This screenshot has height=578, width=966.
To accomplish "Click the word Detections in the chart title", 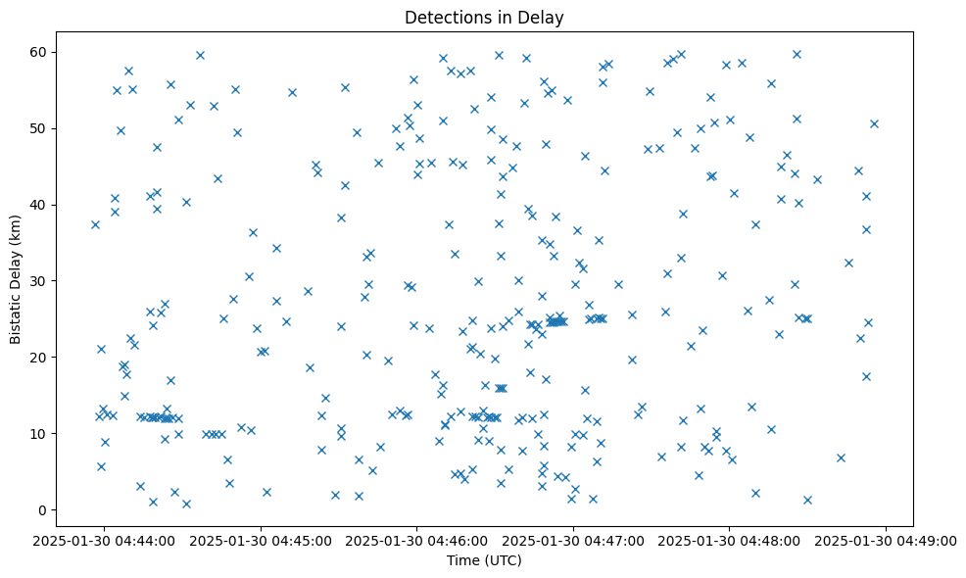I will click(x=441, y=18).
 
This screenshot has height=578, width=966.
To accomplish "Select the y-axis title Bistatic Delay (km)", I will click(x=16, y=280).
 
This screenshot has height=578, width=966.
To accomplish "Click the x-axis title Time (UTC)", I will click(x=484, y=560).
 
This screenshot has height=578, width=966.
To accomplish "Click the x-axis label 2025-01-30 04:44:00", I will click(x=105, y=540).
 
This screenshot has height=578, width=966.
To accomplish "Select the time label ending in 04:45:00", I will click(x=262, y=540).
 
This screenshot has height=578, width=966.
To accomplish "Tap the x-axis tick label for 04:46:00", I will click(x=417, y=540).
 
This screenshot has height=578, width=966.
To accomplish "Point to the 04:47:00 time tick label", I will click(x=574, y=540).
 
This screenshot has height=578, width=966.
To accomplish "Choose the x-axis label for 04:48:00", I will click(x=730, y=540).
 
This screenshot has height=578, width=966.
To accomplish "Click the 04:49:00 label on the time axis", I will click(x=887, y=540).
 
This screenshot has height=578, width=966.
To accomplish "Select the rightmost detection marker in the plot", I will click(x=874, y=123).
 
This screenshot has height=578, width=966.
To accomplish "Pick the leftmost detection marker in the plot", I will click(x=95, y=224).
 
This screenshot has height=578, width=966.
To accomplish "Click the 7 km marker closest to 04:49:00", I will click(x=841, y=458).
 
